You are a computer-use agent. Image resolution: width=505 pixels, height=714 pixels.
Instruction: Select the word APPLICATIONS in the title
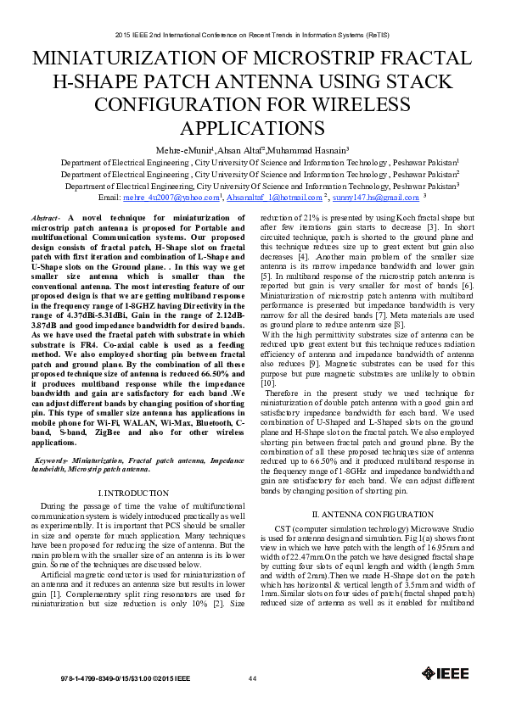coord(251,127)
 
